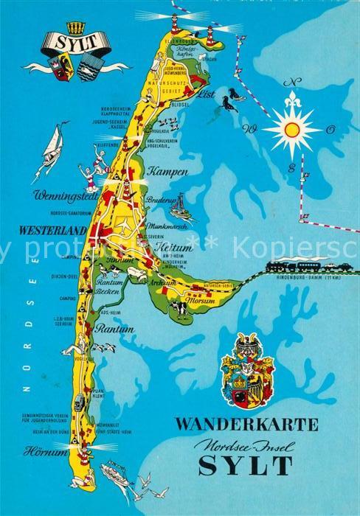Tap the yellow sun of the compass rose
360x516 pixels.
point(292,130)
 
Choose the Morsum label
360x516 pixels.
point(200,301)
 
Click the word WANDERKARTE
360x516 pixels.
point(247,424)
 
